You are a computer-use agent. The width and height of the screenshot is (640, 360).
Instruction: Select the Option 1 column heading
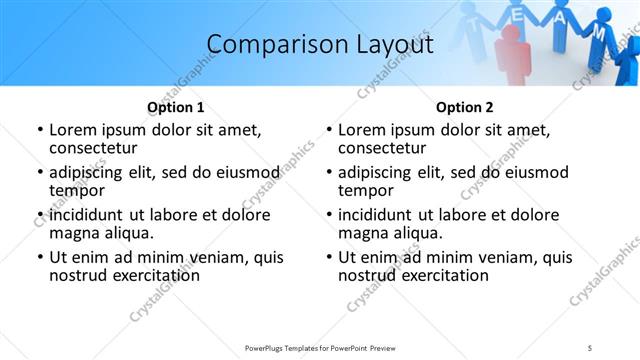click(175, 107)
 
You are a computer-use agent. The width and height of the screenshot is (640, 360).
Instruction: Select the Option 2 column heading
click(464, 107)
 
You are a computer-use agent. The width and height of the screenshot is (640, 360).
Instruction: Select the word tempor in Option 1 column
click(75, 191)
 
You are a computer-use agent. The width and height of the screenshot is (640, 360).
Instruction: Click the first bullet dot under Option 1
click(40, 130)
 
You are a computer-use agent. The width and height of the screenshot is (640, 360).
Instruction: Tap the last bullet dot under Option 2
click(329, 257)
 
